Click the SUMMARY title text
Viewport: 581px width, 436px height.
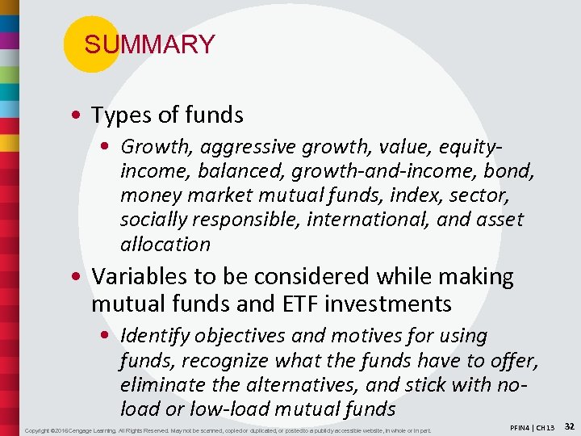(149, 44)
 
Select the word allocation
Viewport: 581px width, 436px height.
(165, 244)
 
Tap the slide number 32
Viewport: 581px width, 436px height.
(569, 426)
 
